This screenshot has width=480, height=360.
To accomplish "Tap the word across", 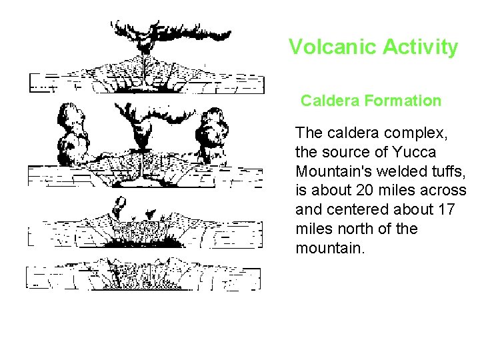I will click(x=443, y=190).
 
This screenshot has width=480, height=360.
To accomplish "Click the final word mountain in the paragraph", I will click(x=329, y=248).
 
